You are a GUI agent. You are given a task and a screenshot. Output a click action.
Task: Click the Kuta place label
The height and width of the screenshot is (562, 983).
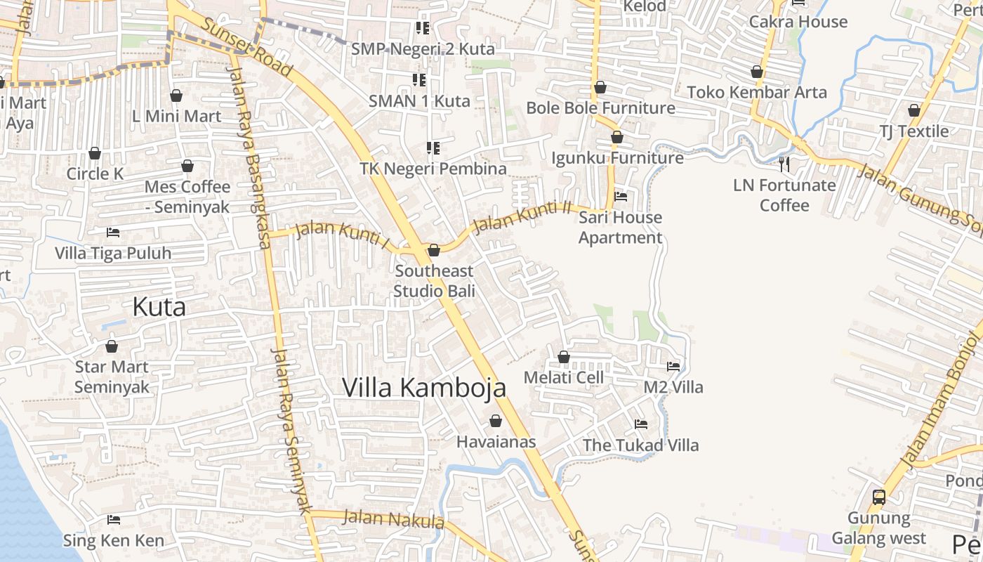click(x=159, y=307)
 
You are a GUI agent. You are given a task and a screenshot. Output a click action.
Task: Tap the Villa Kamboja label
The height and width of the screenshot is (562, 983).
click(x=423, y=387)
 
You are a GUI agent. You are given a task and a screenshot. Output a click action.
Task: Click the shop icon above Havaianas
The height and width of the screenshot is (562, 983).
click(x=496, y=421)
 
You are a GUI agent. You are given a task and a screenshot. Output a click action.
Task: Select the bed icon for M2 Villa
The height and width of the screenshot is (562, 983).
click(x=673, y=366)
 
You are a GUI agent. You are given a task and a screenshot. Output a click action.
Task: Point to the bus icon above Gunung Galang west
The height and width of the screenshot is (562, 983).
click(x=878, y=497)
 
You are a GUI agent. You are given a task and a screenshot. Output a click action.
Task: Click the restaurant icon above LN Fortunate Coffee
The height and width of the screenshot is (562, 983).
click(x=784, y=164)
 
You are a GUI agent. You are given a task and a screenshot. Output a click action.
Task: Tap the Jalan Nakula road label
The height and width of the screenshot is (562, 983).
click(x=393, y=520)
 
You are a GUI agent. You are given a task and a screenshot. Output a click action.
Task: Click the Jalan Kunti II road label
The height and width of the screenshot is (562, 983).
click(x=522, y=216)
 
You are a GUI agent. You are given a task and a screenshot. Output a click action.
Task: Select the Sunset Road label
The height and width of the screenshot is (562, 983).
click(x=246, y=47)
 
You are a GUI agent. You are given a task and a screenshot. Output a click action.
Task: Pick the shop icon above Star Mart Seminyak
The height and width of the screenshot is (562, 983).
click(x=112, y=346)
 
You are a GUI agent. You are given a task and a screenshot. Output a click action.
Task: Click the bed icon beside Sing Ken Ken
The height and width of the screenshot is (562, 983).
click(x=113, y=520)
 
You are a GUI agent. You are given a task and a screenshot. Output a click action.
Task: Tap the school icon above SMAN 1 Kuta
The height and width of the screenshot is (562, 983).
click(x=419, y=79)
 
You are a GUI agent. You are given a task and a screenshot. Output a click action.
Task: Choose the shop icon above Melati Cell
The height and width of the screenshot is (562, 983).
click(x=564, y=357)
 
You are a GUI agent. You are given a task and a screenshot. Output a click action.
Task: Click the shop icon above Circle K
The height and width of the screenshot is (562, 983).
click(x=95, y=153)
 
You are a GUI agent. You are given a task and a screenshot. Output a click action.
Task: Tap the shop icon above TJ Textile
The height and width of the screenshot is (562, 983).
click(x=913, y=110)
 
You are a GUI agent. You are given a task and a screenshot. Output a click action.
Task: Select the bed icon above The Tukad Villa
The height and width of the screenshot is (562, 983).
click(x=640, y=424)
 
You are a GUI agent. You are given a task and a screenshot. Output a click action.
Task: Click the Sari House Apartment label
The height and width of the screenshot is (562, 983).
click(x=620, y=227)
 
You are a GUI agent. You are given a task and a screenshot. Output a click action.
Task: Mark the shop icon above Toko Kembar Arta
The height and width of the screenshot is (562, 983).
click(x=757, y=72)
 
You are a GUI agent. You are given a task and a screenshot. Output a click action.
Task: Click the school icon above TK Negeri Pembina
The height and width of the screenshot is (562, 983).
click(x=433, y=148)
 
